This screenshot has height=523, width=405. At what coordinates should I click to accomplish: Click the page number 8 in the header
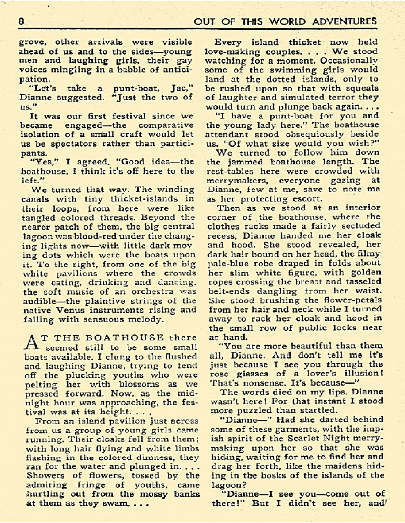click(21, 21)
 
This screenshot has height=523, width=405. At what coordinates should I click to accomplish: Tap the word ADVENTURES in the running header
click(344, 21)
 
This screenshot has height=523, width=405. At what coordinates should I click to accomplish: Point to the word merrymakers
click(228, 180)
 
